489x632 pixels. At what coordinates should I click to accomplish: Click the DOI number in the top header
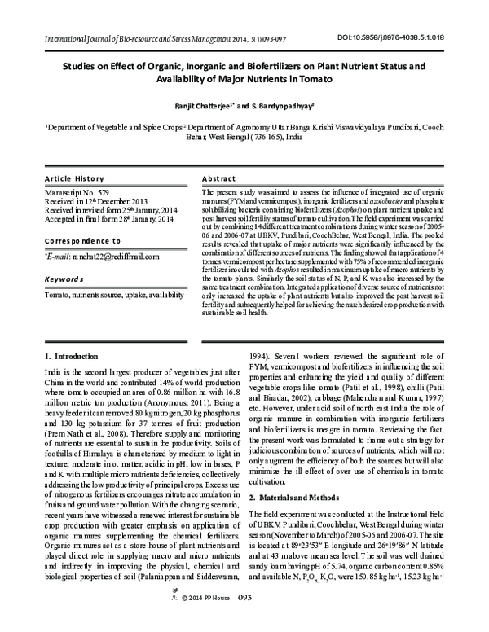[x=397, y=37]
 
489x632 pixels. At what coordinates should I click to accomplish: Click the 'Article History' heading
[x=75, y=178]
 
